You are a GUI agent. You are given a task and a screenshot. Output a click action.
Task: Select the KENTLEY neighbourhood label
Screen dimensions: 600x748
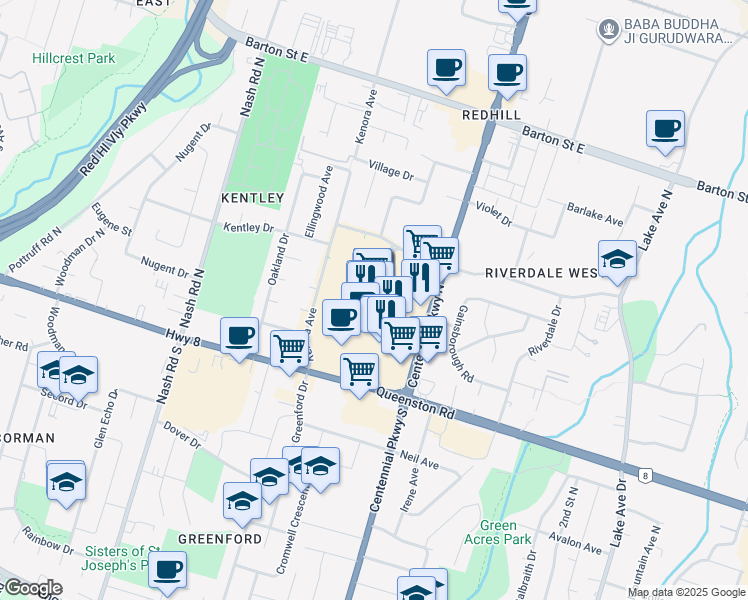(252, 198)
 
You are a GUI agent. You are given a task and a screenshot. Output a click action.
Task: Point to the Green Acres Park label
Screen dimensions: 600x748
(498, 532)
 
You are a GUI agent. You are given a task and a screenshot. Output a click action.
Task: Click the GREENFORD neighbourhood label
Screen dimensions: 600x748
(220, 538)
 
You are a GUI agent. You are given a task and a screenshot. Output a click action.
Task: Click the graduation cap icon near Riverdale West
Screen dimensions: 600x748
(617, 259)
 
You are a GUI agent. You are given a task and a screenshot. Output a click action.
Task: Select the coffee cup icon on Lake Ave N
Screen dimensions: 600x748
(665, 129)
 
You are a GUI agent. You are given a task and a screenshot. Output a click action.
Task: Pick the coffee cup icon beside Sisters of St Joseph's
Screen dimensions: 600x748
(167, 569)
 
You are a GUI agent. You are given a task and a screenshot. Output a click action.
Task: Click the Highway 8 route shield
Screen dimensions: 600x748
(648, 476)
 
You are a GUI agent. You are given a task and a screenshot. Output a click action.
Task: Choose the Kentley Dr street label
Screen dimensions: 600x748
(248, 229)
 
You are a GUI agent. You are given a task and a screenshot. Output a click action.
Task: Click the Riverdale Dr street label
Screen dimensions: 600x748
(546, 331)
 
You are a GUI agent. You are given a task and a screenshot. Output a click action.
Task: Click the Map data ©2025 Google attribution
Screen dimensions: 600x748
(686, 592)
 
